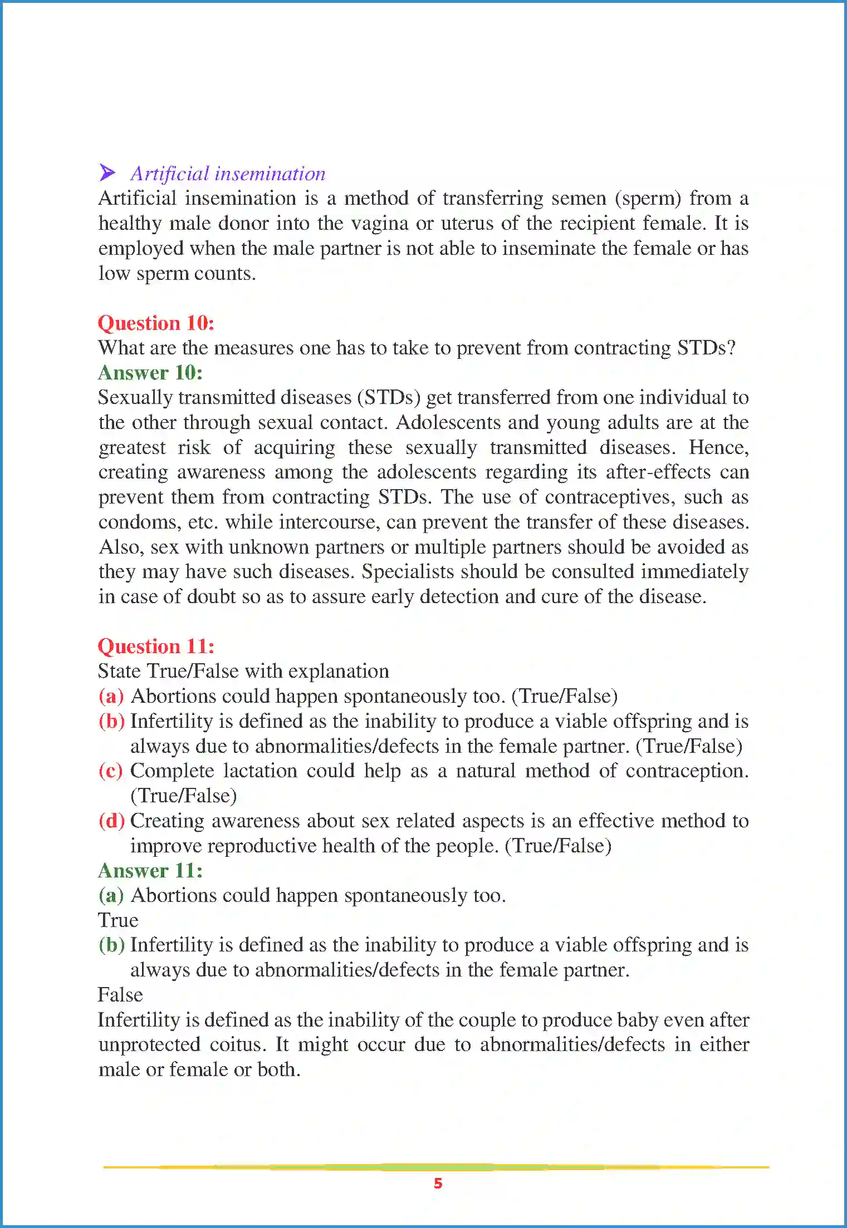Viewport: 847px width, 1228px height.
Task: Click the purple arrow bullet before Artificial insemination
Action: point(107,172)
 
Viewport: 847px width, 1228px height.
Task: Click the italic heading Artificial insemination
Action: point(228,174)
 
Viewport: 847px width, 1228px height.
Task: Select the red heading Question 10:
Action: point(156,323)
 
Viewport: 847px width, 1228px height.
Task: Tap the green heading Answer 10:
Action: point(150,373)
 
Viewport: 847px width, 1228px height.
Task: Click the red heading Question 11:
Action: point(156,646)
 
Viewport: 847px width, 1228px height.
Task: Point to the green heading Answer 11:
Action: point(150,870)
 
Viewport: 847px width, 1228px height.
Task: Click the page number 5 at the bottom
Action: point(438,1183)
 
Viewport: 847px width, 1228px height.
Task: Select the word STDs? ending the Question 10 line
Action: point(706,348)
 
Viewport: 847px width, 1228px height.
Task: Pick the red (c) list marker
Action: point(111,771)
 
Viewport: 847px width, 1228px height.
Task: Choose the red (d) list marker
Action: point(111,821)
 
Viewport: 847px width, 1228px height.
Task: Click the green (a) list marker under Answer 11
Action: point(111,895)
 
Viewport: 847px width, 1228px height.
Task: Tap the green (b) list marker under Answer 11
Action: point(111,945)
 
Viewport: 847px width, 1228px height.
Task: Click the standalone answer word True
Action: point(118,920)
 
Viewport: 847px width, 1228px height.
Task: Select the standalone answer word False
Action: point(120,995)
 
